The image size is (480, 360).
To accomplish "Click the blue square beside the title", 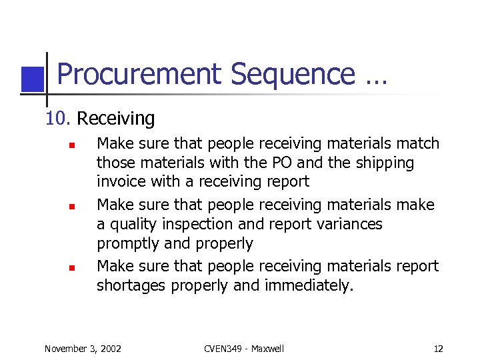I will click(32, 79).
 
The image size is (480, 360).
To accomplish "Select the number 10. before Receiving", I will click(57, 119).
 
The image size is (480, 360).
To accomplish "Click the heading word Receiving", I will click(115, 119).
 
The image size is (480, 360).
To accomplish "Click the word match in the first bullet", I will click(417, 143).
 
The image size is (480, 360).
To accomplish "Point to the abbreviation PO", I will click(283, 163).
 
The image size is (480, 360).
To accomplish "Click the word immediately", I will click(311, 285).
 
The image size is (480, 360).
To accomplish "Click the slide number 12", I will click(438, 349).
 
